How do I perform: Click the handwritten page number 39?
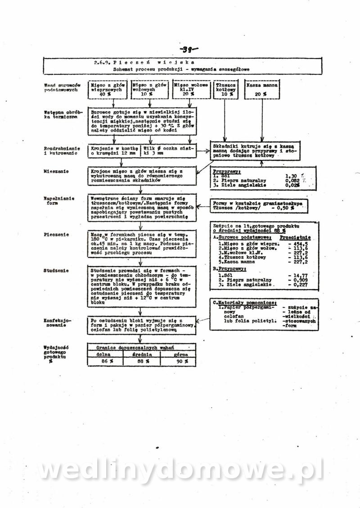(x=189, y=50)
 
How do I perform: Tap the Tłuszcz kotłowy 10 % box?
(x=225, y=89)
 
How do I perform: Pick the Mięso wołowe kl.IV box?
(x=190, y=89)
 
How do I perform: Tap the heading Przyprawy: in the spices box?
(x=227, y=172)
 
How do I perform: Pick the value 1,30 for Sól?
(x=292, y=176)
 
